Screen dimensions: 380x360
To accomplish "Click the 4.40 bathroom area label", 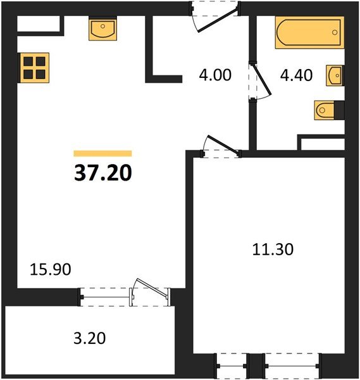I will tap(297, 75).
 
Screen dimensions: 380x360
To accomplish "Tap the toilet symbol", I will tap(328, 110).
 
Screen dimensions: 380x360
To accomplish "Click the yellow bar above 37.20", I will tap(102, 153).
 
